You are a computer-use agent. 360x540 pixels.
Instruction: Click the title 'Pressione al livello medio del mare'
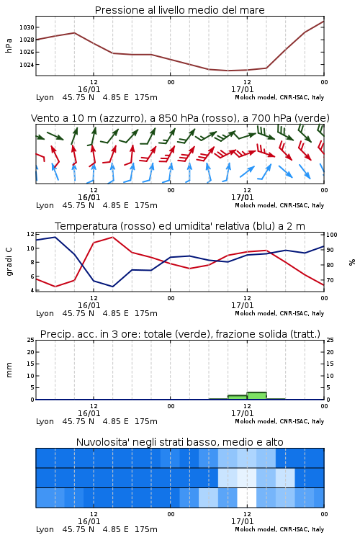(x=179, y=10)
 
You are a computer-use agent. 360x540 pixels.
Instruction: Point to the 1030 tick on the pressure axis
(x=27, y=27)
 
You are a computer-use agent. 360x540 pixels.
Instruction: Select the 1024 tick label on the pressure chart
(x=27, y=65)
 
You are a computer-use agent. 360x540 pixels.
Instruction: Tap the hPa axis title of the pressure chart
(x=9, y=45)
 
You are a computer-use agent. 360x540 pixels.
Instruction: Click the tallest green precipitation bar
(x=256, y=396)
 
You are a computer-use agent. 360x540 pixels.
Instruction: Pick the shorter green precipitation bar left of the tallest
(x=238, y=397)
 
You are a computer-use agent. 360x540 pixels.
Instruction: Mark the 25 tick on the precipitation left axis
(x=31, y=340)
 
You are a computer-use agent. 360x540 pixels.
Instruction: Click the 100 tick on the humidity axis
(x=332, y=235)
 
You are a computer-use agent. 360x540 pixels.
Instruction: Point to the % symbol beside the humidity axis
(x=352, y=262)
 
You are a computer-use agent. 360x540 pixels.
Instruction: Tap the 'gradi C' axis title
(x=9, y=261)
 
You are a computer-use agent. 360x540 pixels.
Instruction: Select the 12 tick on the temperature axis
(x=31, y=234)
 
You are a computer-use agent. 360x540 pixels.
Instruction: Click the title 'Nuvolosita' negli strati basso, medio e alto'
(x=179, y=442)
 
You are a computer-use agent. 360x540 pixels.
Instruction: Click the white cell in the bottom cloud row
(x=247, y=498)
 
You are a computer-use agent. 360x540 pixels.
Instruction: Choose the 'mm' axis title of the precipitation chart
(x=9, y=370)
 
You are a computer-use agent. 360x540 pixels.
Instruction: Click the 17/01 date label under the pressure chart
(x=242, y=89)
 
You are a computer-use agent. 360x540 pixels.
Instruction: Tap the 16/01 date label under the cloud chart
(x=89, y=521)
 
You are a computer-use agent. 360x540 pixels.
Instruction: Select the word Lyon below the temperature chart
(x=45, y=313)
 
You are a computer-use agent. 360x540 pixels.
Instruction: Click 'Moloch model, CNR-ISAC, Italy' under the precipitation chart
(x=279, y=421)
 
